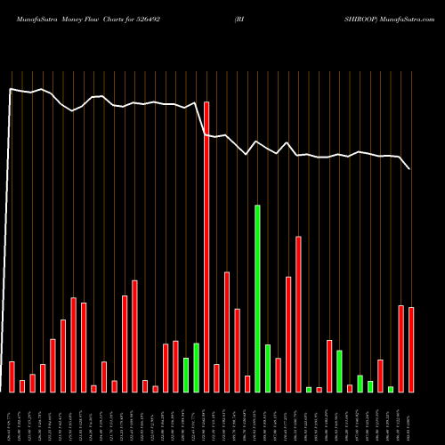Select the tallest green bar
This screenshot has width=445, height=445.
[x=258, y=298]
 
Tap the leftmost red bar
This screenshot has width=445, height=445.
[x=12, y=376]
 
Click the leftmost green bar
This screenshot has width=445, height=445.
[x=186, y=375]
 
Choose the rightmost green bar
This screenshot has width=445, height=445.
[x=391, y=389]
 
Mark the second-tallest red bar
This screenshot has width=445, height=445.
[x=299, y=314]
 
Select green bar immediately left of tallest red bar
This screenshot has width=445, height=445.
[x=197, y=367]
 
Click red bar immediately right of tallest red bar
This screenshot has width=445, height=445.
[x=216, y=377]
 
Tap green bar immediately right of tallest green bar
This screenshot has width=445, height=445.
[x=268, y=368]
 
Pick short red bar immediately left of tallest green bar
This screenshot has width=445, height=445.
[x=247, y=384]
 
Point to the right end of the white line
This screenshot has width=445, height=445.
[x=410, y=169]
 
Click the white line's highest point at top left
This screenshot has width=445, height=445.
[x=11, y=88]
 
